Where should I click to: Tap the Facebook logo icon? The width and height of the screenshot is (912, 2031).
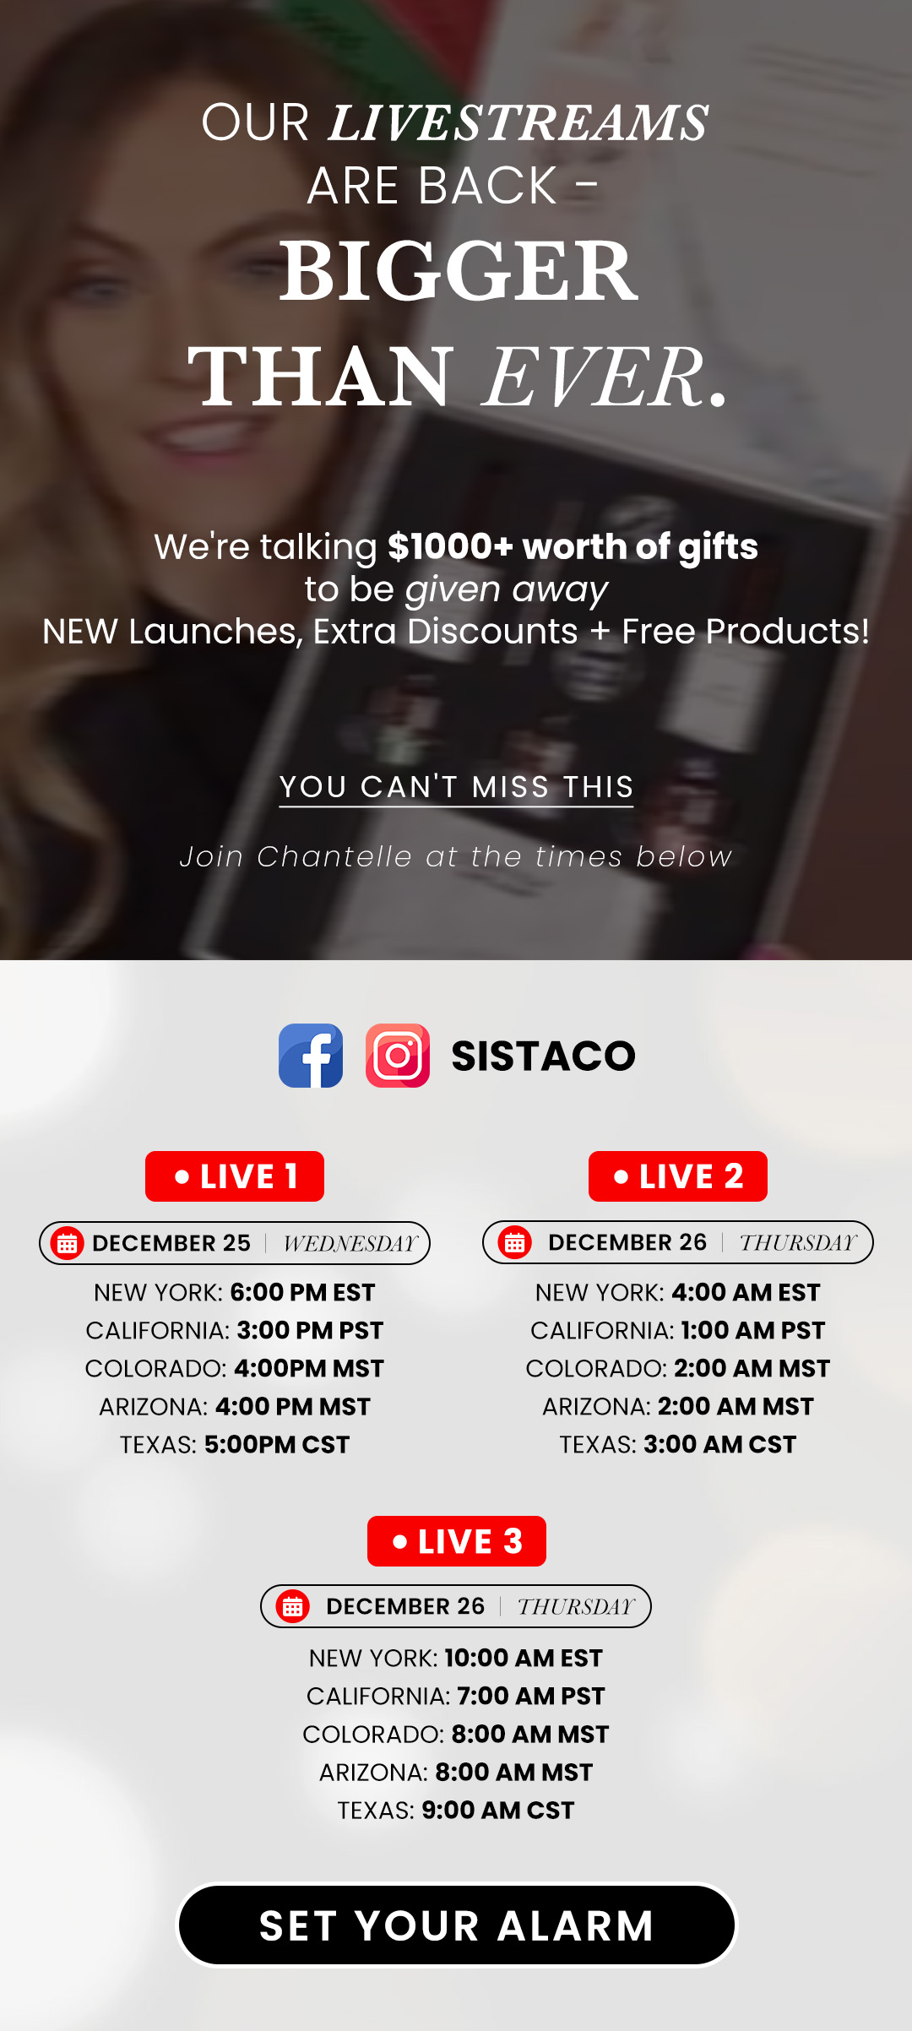311,1056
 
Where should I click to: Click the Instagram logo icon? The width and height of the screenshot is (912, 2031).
398,1056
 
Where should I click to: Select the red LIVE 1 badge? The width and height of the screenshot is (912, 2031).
235,1176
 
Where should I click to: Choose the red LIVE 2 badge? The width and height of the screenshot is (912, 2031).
678,1176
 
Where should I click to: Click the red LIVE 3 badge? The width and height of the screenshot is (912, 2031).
457,1541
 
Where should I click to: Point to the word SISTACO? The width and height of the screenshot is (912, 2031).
543,1056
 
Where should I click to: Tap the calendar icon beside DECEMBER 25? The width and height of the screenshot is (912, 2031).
68,1243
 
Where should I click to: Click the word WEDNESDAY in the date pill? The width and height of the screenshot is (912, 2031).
350,1243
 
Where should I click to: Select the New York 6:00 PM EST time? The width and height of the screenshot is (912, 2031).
302,1292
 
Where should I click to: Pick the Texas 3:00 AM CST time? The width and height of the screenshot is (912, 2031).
719,1444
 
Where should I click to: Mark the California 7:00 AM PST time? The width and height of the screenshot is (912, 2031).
530,1696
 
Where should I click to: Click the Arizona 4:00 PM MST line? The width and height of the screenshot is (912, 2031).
235,1406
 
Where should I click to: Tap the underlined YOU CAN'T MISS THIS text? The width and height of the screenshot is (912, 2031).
456,787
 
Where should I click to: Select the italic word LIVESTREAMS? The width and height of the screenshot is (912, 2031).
518,123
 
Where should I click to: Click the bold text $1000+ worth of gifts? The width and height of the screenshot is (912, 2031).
573,546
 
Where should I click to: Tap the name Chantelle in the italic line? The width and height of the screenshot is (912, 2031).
334,856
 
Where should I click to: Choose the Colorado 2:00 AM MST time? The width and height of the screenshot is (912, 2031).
752,1368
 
